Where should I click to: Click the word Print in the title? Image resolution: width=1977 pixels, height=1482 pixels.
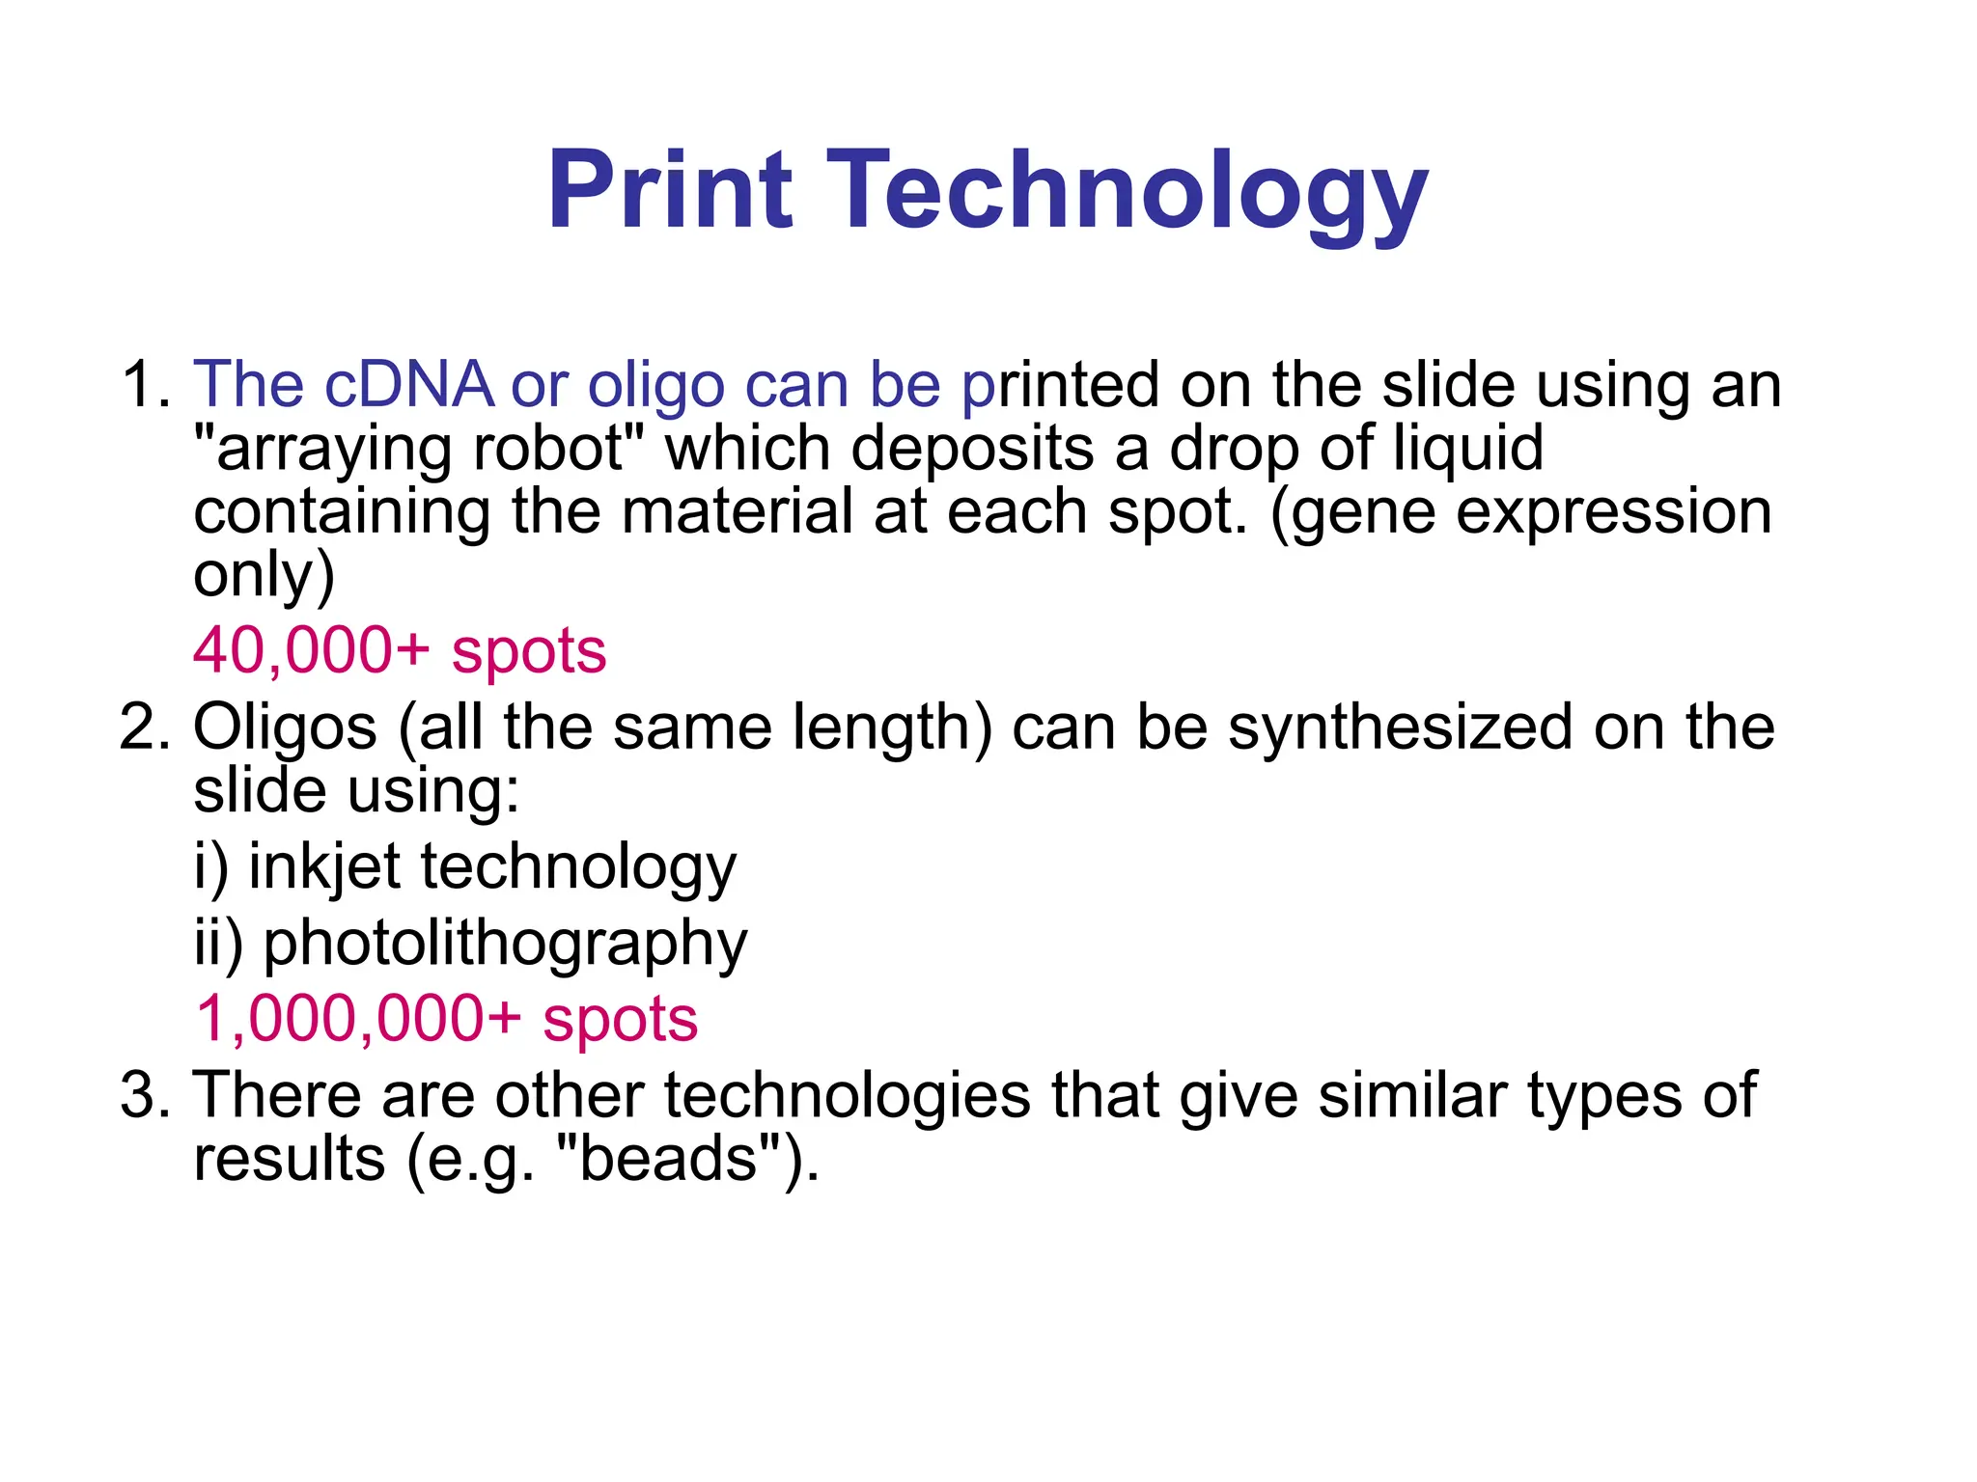coord(670,190)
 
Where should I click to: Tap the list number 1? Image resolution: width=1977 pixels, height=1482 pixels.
coord(145,384)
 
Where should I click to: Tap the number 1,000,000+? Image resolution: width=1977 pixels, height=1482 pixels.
coord(357,1019)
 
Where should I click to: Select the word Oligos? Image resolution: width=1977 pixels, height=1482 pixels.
coord(285,728)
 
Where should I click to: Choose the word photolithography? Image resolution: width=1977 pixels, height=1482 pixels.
coord(505,945)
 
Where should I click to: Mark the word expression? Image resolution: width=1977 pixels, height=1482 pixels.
coord(1613,512)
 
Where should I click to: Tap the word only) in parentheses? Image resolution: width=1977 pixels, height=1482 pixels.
coord(264,575)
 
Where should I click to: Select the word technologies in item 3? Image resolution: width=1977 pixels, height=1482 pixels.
coord(848,1097)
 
